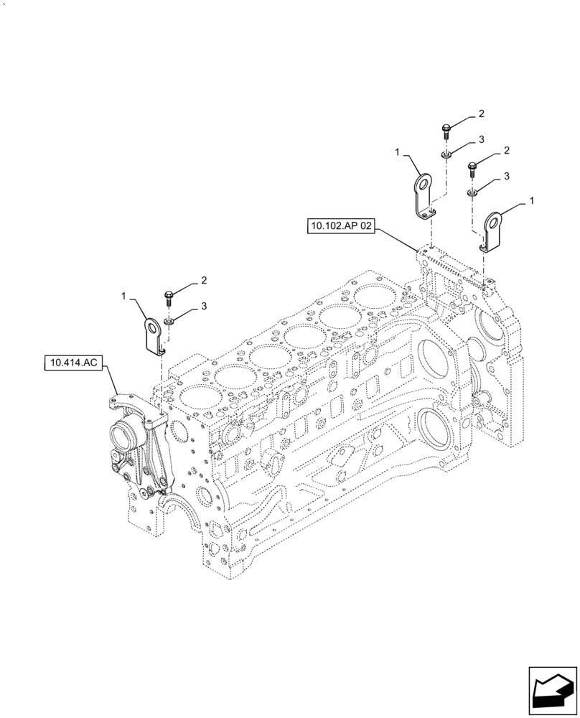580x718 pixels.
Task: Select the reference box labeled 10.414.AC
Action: [x=73, y=364]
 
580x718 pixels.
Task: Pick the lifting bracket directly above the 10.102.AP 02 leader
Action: [x=426, y=196]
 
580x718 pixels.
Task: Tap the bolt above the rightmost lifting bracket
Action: [x=472, y=169]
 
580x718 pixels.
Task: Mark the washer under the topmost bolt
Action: [x=446, y=153]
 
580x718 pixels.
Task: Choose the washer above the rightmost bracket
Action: [x=472, y=192]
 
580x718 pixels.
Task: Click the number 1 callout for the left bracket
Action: [x=125, y=295]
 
